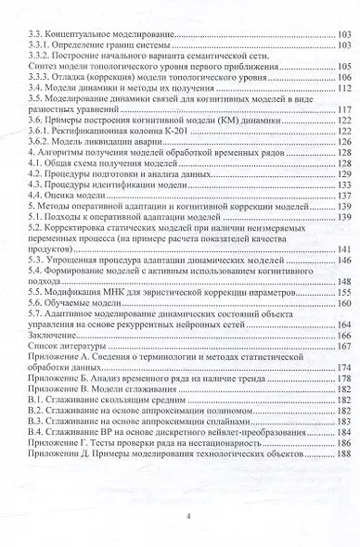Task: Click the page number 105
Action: pos(343,67)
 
